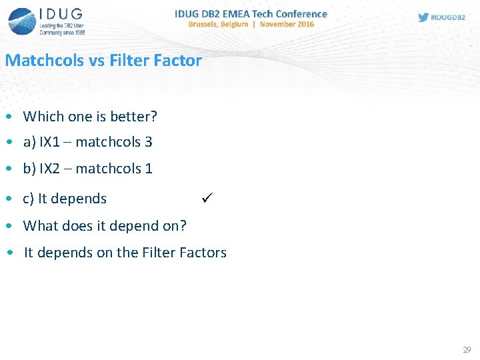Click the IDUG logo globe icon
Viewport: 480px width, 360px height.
coord(22,20)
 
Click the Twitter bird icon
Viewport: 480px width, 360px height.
coord(423,17)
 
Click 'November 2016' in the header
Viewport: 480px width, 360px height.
coord(287,25)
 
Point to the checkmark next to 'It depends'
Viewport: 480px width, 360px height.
coord(206,198)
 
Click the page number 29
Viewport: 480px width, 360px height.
coord(466,350)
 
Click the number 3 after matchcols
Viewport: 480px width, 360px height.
coord(148,142)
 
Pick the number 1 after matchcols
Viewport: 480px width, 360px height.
coord(148,169)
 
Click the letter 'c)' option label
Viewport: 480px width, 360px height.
coord(29,199)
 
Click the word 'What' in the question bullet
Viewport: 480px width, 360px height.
coord(39,226)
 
